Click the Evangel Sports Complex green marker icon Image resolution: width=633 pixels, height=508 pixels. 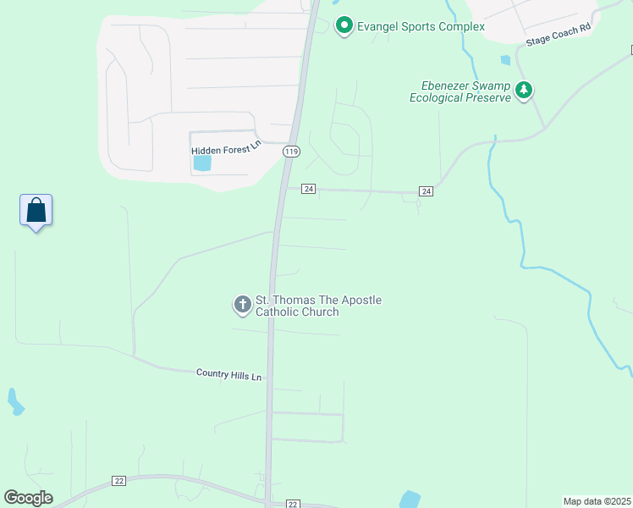344,26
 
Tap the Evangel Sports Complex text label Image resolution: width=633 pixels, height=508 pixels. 421,26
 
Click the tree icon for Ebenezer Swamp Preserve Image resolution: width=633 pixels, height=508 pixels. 525,91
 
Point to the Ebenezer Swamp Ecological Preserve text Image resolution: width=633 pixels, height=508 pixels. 460,91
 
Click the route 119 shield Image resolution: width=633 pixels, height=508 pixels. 292,152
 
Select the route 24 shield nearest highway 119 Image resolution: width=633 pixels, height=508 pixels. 308,189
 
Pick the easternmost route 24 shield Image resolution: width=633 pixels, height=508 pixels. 426,191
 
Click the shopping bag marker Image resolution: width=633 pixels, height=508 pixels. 36,210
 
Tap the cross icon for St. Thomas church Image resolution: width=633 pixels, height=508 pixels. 243,305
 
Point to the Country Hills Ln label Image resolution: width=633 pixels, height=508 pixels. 228,373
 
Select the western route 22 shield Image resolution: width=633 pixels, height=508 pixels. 118,481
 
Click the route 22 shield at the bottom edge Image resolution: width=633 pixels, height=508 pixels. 293,503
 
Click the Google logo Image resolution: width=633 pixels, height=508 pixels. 28,498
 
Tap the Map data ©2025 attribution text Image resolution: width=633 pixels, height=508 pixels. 597,501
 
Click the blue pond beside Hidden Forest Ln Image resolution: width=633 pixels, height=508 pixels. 202,163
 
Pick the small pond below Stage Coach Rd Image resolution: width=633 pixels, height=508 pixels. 506,60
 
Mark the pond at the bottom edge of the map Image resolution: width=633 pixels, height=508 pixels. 410,500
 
